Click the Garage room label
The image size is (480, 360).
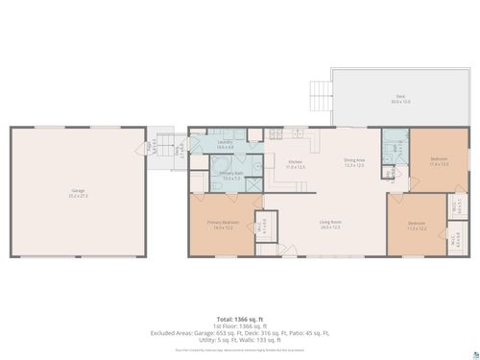pyautogui.click(x=77, y=192)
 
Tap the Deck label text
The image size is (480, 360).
pyautogui.click(x=399, y=98)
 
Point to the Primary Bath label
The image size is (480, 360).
pyautogui.click(x=230, y=176)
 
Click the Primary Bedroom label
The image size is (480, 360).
pyautogui.click(x=222, y=226)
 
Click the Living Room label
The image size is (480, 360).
pyautogui.click(x=331, y=226)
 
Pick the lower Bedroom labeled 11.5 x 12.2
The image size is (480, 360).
pyautogui.click(x=417, y=228)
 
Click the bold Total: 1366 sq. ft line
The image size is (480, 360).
pyautogui.click(x=239, y=318)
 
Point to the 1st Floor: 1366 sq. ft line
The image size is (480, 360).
pyautogui.click(x=239, y=325)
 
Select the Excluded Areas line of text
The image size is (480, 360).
pyautogui.click(x=239, y=333)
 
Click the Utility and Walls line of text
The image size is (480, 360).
pyautogui.click(x=239, y=341)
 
